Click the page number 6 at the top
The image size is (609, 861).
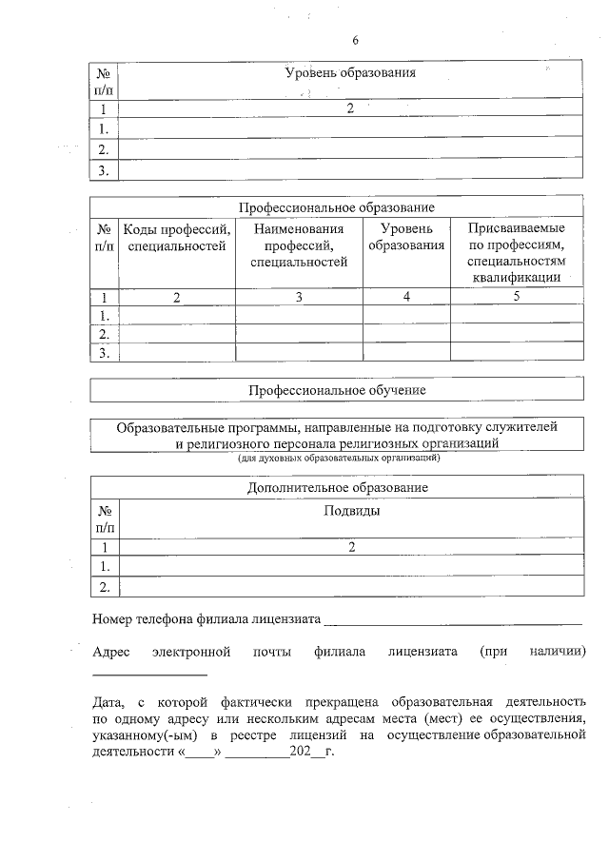pyautogui.click(x=354, y=40)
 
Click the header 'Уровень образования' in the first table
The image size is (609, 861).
pyautogui.click(x=351, y=73)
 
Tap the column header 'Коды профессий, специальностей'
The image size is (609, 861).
pyautogui.click(x=177, y=238)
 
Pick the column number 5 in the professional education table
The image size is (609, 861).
pyautogui.click(x=517, y=297)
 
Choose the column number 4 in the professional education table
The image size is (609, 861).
pyautogui.click(x=406, y=297)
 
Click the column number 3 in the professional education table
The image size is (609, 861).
pyautogui.click(x=299, y=297)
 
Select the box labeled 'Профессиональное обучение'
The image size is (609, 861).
pyautogui.click(x=337, y=390)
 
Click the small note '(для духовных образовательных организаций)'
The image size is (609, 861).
pyautogui.click(x=338, y=459)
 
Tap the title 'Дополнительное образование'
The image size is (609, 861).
pyautogui.click(x=337, y=487)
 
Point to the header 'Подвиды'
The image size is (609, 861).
pyautogui.click(x=352, y=511)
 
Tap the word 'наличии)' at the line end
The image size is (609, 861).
pyautogui.click(x=557, y=652)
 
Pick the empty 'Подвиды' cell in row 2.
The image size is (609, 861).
pyautogui.click(x=352, y=586)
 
